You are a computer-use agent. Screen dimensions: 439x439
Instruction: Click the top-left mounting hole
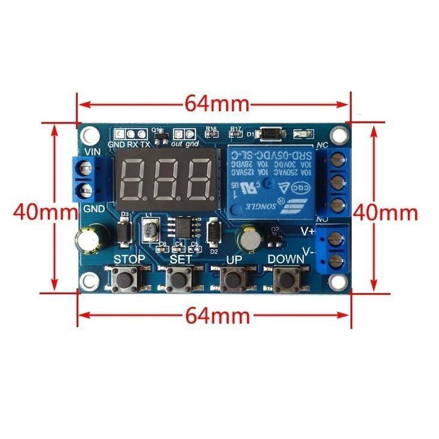click(x=90, y=134)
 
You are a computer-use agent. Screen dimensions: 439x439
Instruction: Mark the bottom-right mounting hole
click(x=339, y=280)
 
